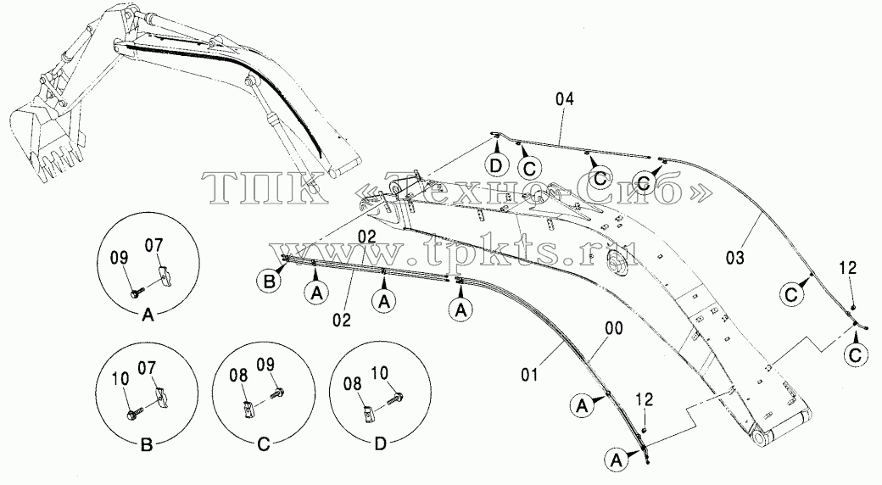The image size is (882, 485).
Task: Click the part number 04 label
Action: (x=565, y=99)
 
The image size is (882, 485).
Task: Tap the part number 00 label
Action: (x=614, y=327)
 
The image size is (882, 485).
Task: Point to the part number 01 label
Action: (x=530, y=374)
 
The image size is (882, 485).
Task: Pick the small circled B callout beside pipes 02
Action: (x=270, y=281)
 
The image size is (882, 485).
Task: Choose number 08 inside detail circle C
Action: (x=239, y=375)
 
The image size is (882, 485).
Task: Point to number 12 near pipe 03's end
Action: (x=848, y=269)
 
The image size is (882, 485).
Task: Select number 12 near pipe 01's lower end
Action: (x=645, y=399)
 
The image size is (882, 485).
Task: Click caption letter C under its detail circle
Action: (x=263, y=444)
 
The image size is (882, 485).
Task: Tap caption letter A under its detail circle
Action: (x=148, y=315)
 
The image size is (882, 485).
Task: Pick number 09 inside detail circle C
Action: (x=265, y=365)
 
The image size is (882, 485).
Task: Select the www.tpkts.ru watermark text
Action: (x=454, y=248)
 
